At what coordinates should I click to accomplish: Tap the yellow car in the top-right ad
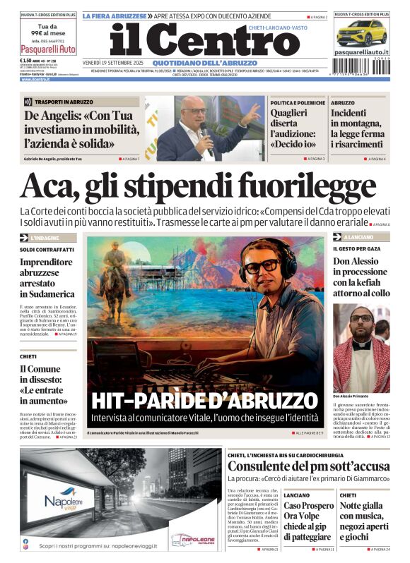[361, 32]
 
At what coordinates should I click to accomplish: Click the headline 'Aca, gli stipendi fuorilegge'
[188, 186]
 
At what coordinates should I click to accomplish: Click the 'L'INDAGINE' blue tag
[45, 238]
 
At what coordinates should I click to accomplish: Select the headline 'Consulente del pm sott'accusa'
[308, 466]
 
